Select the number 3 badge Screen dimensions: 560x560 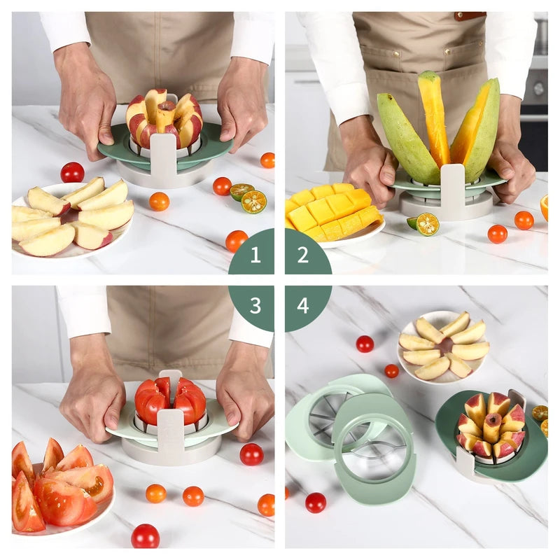[x=254, y=305]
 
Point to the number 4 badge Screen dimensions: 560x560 [x=303, y=305]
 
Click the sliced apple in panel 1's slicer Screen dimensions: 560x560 [x=164, y=119]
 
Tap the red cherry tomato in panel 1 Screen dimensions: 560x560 [x=72, y=172]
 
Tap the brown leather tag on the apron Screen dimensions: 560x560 [x=468, y=15]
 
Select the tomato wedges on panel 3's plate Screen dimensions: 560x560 [x=59, y=483]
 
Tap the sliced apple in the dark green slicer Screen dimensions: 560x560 [x=490, y=426]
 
